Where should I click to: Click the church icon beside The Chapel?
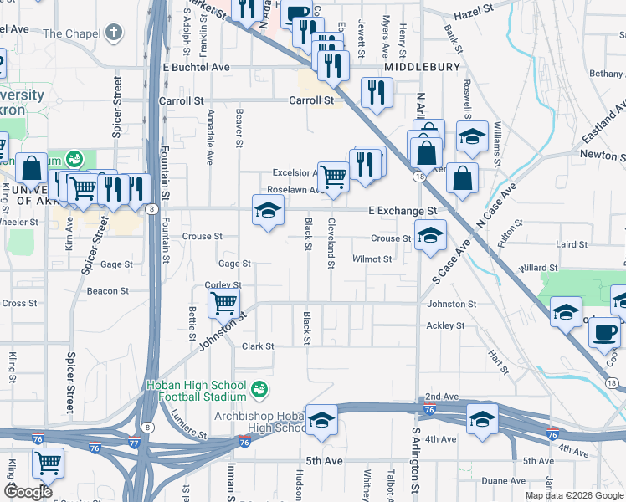114,33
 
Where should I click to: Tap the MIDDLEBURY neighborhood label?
423,66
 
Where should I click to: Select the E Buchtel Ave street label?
196,67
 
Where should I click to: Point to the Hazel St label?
475,15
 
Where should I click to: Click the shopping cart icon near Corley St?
223,301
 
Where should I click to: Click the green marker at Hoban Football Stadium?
259,389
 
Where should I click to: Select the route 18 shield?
417,176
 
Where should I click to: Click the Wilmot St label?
372,259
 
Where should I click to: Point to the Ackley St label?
445,325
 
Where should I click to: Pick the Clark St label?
258,346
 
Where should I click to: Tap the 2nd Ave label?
442,396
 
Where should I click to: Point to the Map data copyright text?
575,495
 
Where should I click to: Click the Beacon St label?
107,291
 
